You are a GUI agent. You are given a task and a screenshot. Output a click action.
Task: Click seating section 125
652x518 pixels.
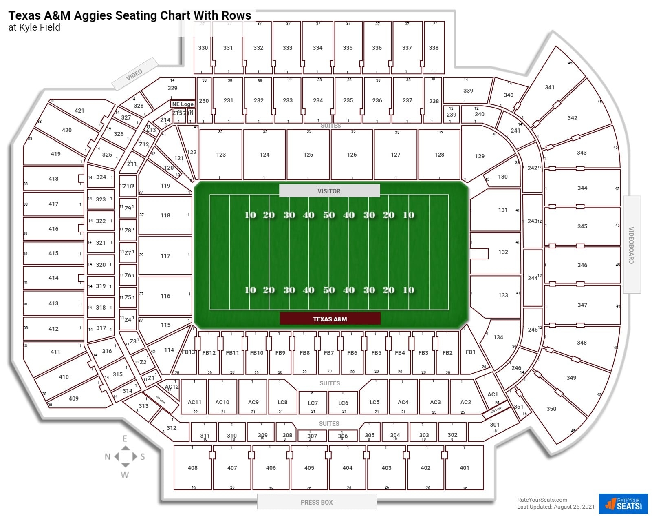tap(308, 155)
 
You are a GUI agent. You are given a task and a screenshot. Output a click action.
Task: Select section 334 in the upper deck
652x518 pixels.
tap(317, 48)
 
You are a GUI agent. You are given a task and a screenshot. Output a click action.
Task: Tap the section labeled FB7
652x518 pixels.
tap(329, 353)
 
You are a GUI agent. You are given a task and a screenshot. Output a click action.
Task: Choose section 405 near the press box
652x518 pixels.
tap(309, 468)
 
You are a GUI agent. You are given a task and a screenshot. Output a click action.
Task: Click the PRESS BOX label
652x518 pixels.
tap(317, 502)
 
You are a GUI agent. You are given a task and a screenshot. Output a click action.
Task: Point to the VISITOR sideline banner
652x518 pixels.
tap(329, 191)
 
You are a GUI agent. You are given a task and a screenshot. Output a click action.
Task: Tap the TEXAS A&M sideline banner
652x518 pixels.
tap(330, 319)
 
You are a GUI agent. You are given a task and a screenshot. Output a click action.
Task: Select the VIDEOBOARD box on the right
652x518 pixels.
tap(631, 245)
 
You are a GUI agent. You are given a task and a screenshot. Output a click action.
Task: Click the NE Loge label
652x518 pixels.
tap(183, 104)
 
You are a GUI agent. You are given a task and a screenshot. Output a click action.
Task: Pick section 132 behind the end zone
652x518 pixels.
tap(503, 252)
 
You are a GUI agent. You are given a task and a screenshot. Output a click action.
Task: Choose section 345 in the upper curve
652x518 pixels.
tap(582, 226)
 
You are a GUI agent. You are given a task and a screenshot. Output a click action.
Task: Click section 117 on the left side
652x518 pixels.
tap(165, 256)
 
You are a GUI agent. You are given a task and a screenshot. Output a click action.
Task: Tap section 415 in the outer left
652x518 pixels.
tap(53, 253)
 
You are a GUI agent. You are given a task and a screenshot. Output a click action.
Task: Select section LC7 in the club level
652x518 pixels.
tap(313, 403)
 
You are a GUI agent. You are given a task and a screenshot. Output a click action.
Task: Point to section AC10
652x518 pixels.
tap(222, 402)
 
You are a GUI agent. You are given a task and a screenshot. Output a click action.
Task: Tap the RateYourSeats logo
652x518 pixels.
tap(623, 504)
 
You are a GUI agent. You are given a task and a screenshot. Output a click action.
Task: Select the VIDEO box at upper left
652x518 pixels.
tap(134, 74)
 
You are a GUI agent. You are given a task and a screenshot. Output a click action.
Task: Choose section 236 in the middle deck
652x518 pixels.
tap(377, 100)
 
